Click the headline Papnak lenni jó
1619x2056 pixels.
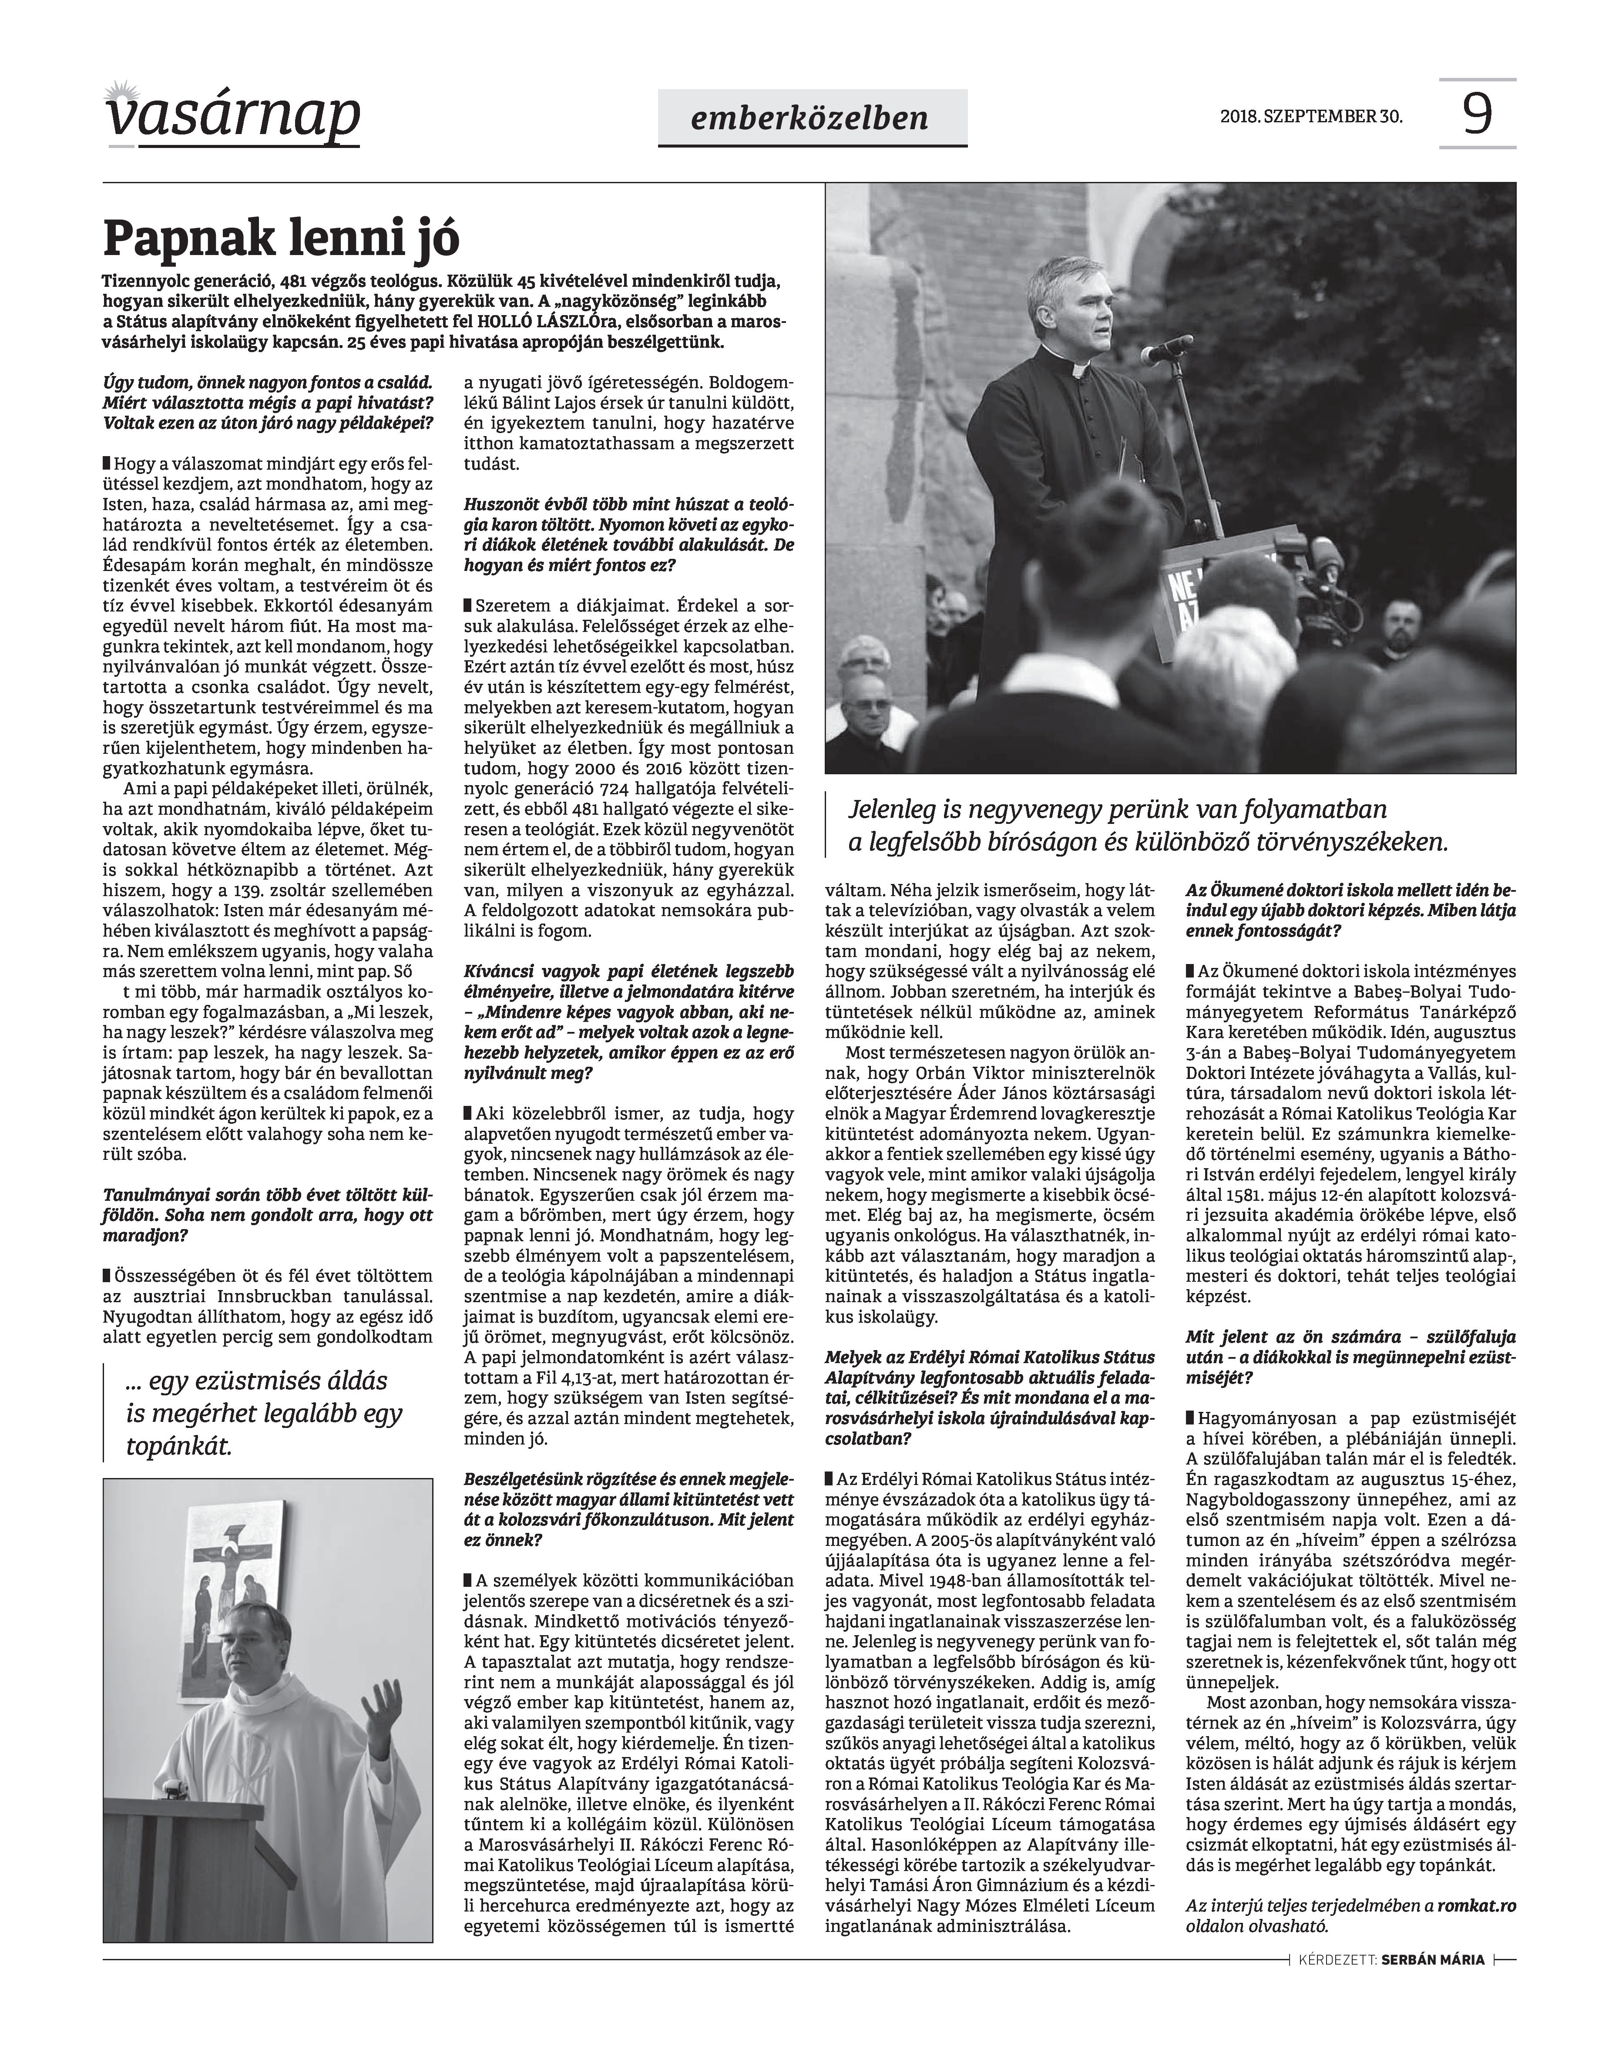click(x=282, y=239)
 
